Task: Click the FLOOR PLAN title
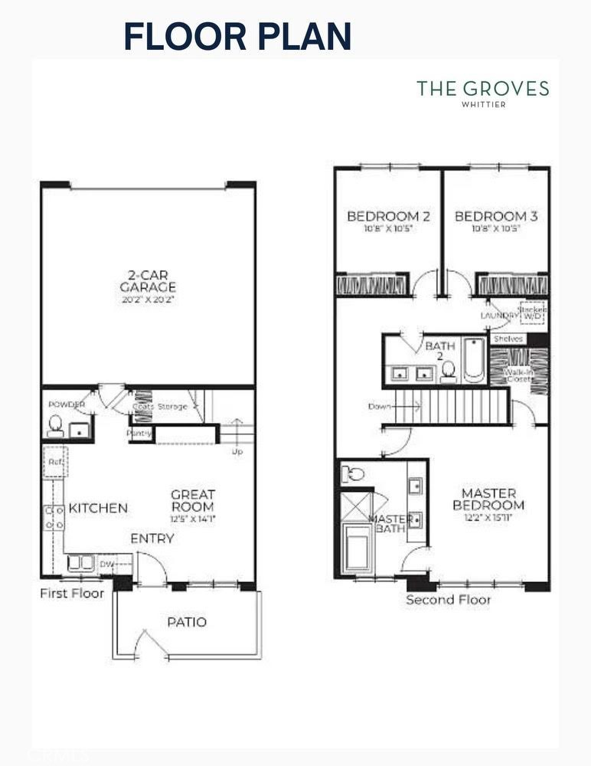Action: point(237,36)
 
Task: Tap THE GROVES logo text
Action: point(482,89)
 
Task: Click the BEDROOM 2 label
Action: point(388,216)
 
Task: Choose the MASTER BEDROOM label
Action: point(488,499)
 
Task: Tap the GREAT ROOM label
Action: point(192,501)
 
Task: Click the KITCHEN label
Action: point(98,508)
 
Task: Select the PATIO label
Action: point(187,622)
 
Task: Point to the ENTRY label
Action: point(152,538)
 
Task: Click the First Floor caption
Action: point(72,594)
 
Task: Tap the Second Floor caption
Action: point(449,600)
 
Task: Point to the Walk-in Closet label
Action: point(518,375)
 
